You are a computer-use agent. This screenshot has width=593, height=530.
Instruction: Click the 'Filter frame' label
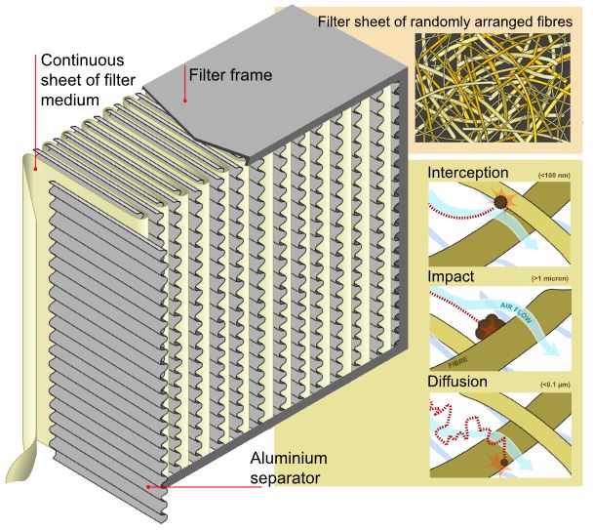(230, 75)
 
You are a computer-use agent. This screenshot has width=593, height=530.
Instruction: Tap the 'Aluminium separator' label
(289, 468)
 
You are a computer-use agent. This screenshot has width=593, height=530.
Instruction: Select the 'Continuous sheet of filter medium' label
(88, 80)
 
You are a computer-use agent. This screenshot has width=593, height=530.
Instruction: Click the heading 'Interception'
(467, 173)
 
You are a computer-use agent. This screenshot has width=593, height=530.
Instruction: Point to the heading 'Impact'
(451, 276)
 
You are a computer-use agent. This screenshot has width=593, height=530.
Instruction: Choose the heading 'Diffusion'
(457, 382)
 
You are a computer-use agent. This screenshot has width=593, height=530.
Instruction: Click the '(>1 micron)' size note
(550, 278)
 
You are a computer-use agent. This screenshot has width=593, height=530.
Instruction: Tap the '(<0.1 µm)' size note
(555, 385)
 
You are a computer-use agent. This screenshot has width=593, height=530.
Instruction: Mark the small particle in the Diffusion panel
(504, 463)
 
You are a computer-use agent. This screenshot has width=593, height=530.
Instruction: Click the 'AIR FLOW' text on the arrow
(516, 311)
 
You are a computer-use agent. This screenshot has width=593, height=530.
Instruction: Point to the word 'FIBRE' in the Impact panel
(458, 362)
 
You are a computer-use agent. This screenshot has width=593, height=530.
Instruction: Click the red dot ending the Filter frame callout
(185, 101)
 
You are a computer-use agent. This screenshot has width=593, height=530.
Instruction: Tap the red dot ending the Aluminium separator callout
(148, 486)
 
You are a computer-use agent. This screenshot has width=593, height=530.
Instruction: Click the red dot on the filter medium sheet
(35, 169)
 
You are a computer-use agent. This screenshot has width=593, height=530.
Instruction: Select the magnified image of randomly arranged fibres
(493, 88)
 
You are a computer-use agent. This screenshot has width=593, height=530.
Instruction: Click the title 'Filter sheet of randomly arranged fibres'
(445, 21)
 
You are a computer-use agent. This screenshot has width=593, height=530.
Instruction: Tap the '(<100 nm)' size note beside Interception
(554, 176)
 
